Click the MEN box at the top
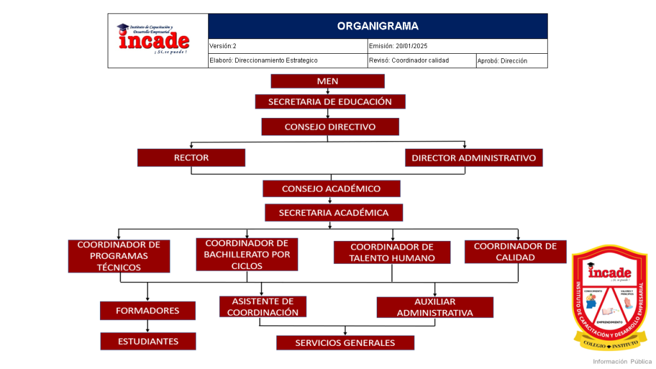pos(327,81)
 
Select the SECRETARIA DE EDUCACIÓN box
pos(330,101)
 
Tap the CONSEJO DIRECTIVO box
pos(330,127)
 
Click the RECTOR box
pos(191,158)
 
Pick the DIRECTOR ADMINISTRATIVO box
pos(473,158)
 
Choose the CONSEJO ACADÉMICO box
pos(331,188)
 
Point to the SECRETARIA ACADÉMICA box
pos(333,212)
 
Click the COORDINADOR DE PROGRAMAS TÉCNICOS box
pos(119,256)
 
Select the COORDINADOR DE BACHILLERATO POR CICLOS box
pos(247,254)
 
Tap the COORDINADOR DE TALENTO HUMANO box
pos(391,252)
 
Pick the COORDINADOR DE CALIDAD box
pos(515,252)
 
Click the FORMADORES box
pos(147,311)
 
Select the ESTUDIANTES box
pos(148,341)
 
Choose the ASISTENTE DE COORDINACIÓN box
pos(263,307)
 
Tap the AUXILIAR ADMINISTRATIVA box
pos(435,307)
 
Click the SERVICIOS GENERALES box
pos(345,343)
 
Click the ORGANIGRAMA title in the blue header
pos(377,26)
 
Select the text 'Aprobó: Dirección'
pos(502,61)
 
